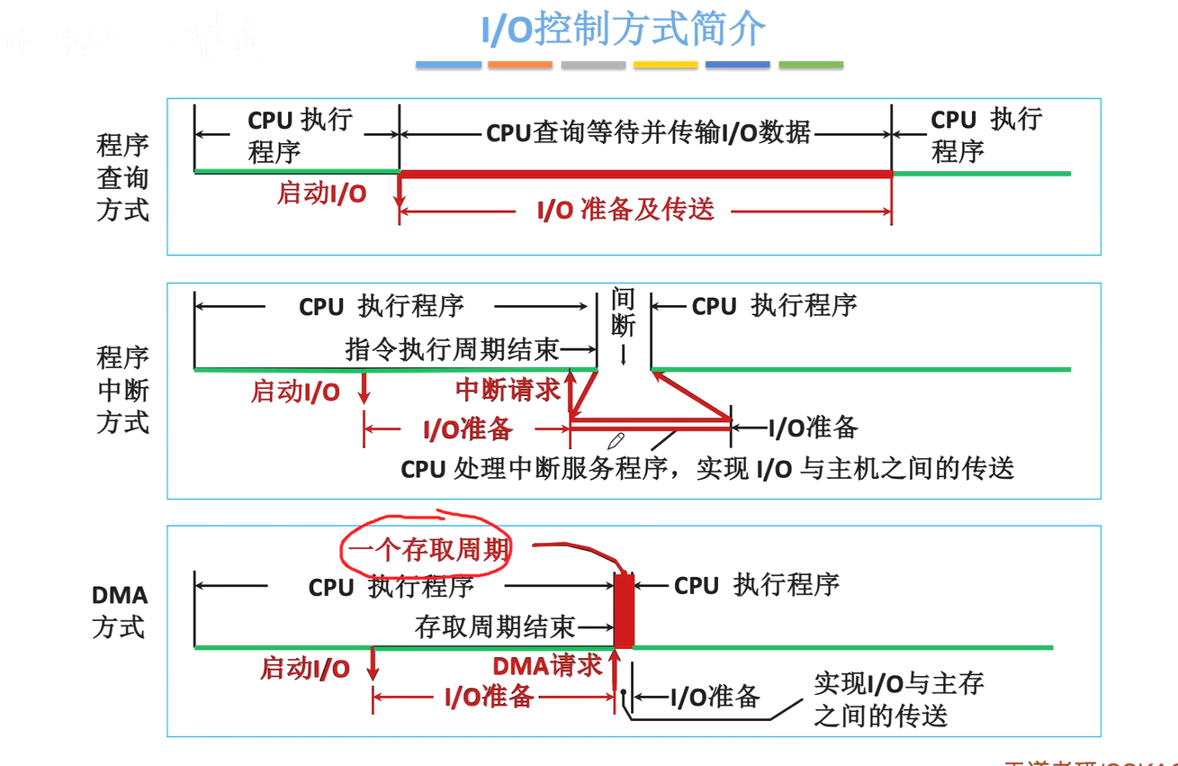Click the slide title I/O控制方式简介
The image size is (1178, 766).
623,29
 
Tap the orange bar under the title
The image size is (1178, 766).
520,65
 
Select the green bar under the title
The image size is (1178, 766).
811,65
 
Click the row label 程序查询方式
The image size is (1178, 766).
122,177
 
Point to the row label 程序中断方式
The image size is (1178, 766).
122,390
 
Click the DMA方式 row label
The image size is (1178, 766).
119,611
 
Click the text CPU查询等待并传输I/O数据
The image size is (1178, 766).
648,133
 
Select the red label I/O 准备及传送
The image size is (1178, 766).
625,210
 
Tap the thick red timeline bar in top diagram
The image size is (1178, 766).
644,173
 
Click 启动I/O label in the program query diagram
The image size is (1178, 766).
321,194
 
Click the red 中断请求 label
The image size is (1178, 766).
508,390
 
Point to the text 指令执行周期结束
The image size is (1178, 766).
452,348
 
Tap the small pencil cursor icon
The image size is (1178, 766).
616,440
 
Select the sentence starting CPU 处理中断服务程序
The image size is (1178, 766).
707,468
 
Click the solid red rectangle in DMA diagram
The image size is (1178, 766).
624,609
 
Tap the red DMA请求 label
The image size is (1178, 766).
547,666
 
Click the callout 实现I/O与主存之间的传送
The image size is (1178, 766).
897,699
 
